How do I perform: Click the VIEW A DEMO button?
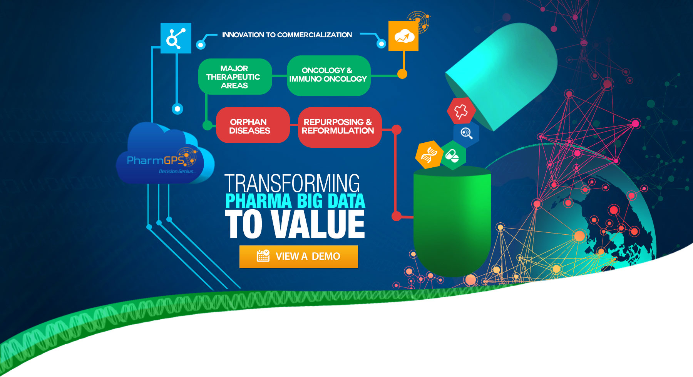pyautogui.click(x=298, y=257)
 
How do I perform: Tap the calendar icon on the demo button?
pyautogui.click(x=263, y=256)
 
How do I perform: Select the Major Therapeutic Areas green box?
pyautogui.click(x=235, y=77)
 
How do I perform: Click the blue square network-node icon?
pyautogui.click(x=176, y=38)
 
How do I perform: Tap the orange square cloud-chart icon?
pyautogui.click(x=403, y=36)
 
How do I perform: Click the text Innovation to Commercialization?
pyautogui.click(x=287, y=35)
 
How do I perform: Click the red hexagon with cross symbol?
pyautogui.click(x=461, y=111)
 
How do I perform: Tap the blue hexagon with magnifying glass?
pyautogui.click(x=466, y=133)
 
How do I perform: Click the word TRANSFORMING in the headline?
pyautogui.click(x=292, y=183)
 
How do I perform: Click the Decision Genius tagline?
pyautogui.click(x=177, y=172)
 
